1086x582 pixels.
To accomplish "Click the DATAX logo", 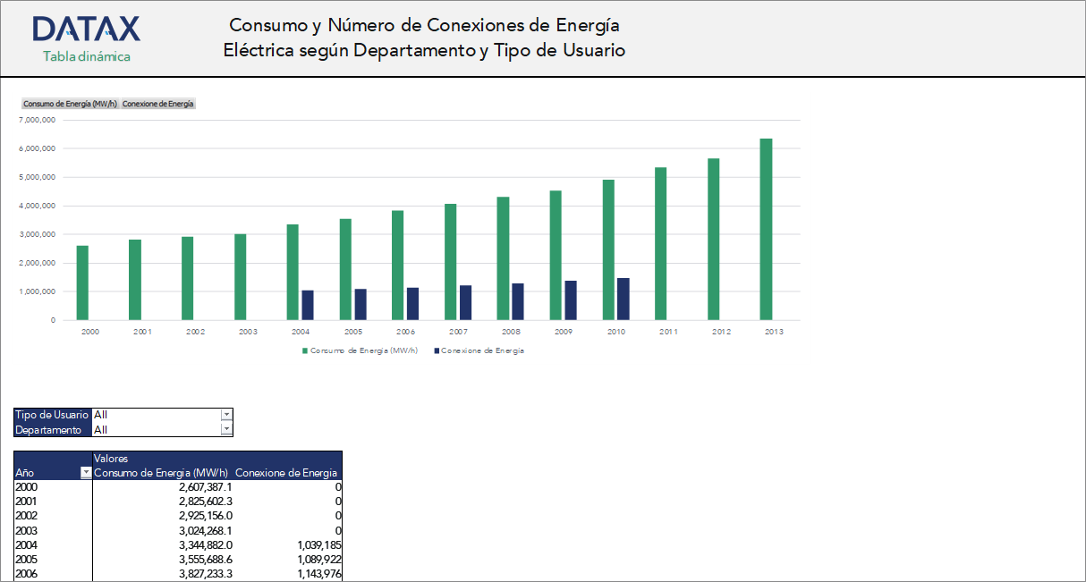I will tap(86, 30).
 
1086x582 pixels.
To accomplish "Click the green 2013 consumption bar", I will tap(766, 229).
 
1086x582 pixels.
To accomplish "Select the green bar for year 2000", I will tap(82, 283).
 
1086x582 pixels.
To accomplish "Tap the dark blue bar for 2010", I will tap(623, 299).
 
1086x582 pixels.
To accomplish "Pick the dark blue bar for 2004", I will tap(308, 305).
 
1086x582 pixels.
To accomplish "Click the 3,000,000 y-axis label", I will tap(38, 234).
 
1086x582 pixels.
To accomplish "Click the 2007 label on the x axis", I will tap(458, 332).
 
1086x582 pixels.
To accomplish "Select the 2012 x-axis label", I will tap(721, 332).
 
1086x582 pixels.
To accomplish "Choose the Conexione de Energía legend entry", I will tap(482, 351).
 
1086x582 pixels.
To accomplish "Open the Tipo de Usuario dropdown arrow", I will tap(226, 415).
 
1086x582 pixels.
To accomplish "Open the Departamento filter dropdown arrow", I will tap(226, 430).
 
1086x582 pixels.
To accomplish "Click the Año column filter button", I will tap(86, 473).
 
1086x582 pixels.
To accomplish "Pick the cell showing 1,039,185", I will tap(312, 544).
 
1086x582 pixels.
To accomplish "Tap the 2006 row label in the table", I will tap(27, 573).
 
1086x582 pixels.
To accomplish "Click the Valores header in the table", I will tap(111, 459).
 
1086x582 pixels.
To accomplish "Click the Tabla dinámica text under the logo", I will tap(87, 56).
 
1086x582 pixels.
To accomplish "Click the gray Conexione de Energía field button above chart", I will tap(157, 104).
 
